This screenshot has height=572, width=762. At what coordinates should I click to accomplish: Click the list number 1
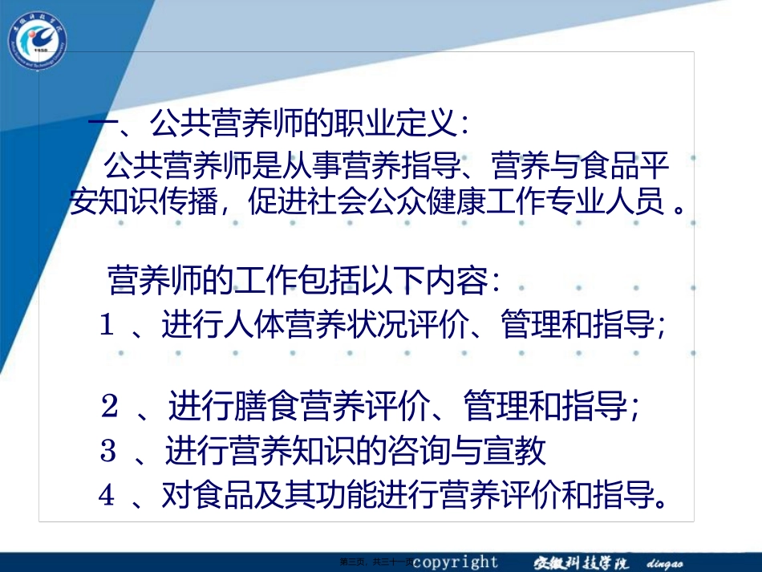[108, 325]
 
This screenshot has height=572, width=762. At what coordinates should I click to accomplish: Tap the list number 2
[110, 408]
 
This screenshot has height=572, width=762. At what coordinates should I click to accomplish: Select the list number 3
[109, 451]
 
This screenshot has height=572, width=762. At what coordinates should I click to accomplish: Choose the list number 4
[107, 495]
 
